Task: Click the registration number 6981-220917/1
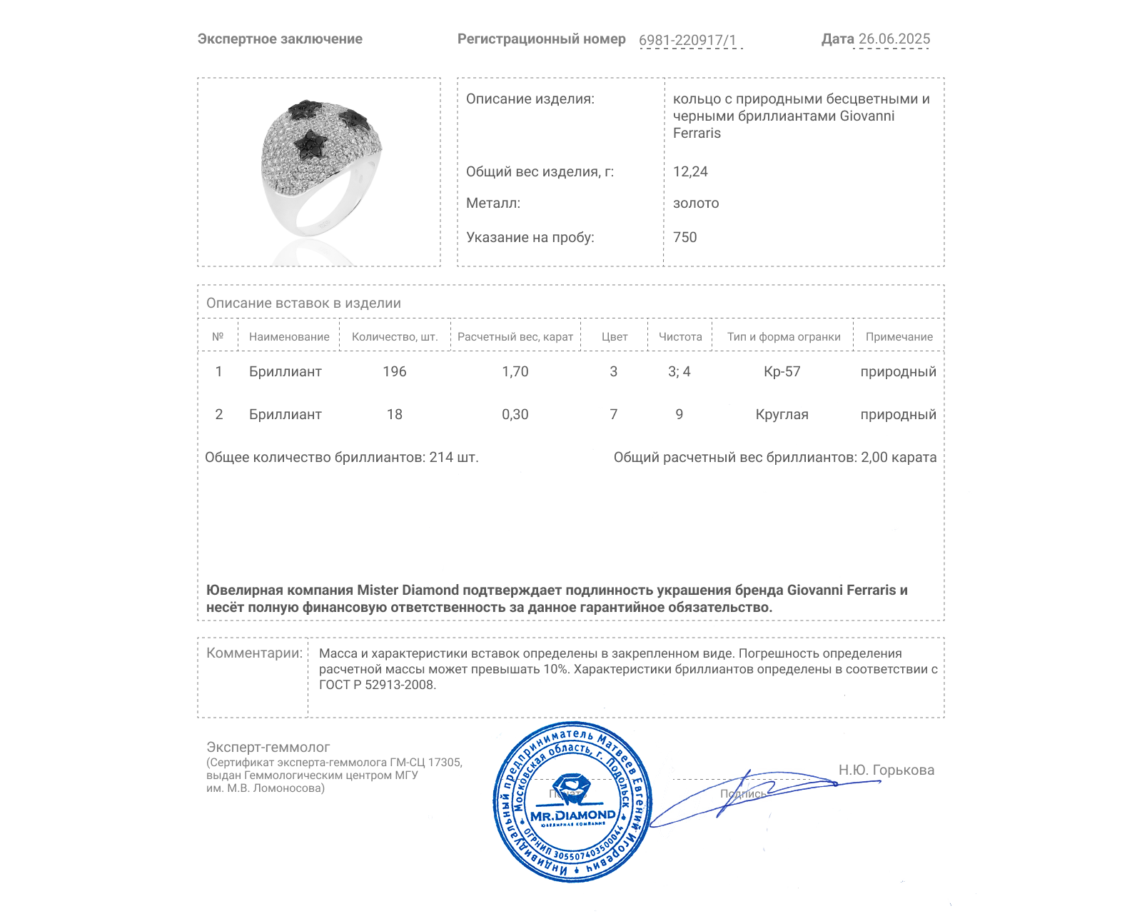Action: click(687, 40)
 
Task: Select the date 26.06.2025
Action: click(894, 39)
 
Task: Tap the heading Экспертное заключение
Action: click(280, 39)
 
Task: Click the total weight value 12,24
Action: click(690, 171)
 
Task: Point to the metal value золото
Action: click(696, 203)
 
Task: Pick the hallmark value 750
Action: click(684, 237)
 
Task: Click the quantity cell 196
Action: click(394, 371)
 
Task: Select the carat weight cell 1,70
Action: click(515, 371)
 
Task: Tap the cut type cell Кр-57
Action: click(782, 371)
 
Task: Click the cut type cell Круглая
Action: click(782, 414)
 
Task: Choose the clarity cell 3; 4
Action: click(679, 371)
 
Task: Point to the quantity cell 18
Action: click(394, 414)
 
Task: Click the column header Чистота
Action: click(679, 337)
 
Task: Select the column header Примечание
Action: click(899, 337)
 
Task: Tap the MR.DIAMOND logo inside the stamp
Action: click(572, 815)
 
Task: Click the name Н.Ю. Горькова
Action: click(886, 770)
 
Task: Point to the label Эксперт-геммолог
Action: click(268, 747)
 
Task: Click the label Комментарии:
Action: click(254, 653)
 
